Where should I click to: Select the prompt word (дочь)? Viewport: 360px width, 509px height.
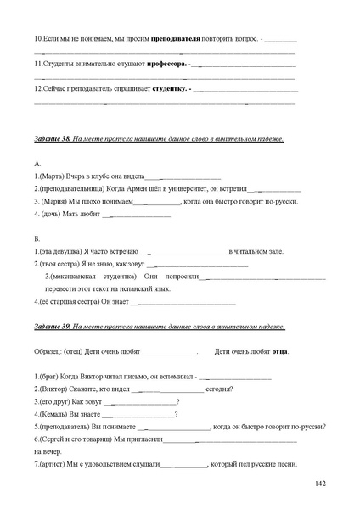[x=53, y=214]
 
